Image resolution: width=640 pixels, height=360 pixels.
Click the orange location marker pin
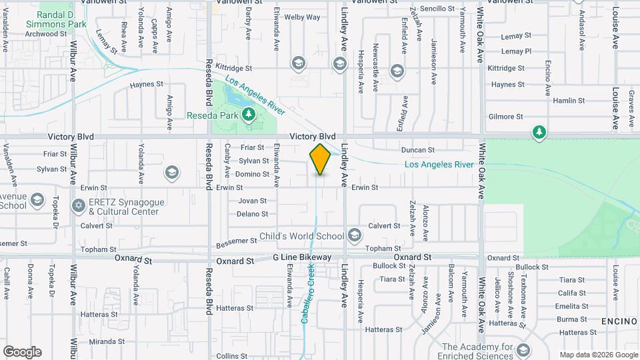[x=320, y=159]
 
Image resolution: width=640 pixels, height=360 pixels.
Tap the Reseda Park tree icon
[x=249, y=115]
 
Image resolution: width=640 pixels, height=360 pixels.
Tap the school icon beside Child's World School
[x=354, y=235]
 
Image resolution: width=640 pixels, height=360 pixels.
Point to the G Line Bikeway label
[x=302, y=257]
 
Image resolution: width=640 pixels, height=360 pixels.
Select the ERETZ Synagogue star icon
[x=79, y=205]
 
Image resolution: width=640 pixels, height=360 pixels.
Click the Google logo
[x=22, y=352]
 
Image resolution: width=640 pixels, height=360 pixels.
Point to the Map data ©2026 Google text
[x=598, y=355]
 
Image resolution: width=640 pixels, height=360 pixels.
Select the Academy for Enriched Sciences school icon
[x=523, y=350]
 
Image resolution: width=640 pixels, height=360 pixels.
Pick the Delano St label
[x=253, y=214]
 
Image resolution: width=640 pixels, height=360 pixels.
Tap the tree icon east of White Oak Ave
[x=539, y=133]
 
